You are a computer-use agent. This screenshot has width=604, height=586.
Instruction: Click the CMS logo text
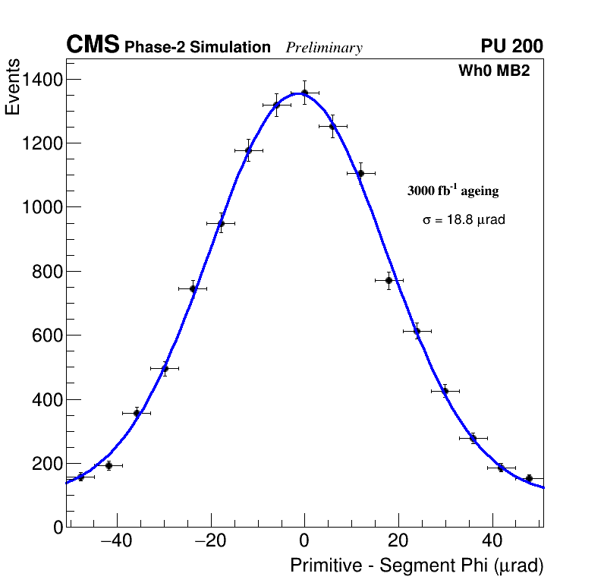pyautogui.click(x=93, y=46)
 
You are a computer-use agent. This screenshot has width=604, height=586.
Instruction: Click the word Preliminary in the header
pyautogui.click(x=324, y=48)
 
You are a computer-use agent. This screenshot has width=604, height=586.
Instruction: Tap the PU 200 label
pyautogui.click(x=512, y=46)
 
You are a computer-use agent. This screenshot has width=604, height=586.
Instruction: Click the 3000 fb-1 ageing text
pyautogui.click(x=453, y=191)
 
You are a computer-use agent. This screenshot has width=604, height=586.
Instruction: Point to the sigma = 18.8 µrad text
pyautogui.click(x=464, y=219)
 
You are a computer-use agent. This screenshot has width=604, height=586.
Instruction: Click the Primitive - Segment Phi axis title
pyautogui.click(x=417, y=566)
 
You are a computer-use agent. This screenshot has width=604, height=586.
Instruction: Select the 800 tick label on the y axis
pyautogui.click(x=47, y=271)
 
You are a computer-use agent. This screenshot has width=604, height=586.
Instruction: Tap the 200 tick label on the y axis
pyautogui.click(x=47, y=463)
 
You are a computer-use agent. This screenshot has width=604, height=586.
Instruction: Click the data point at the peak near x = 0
pyautogui.click(x=304, y=93)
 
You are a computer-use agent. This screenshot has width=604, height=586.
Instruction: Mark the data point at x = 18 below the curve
pyautogui.click(x=389, y=280)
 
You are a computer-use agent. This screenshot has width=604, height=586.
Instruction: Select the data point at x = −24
pyautogui.click(x=193, y=288)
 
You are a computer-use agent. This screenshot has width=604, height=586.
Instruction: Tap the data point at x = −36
pyautogui.click(x=137, y=413)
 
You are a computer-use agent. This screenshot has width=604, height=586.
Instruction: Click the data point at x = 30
pyautogui.click(x=445, y=391)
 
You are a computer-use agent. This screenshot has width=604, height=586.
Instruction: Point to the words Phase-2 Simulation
pyautogui.click(x=197, y=48)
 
